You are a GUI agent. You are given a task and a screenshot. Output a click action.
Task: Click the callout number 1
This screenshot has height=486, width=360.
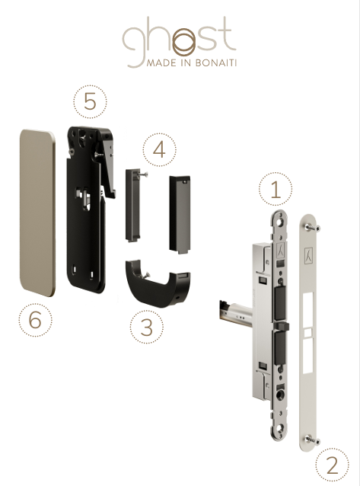pyautogui.click(x=276, y=190)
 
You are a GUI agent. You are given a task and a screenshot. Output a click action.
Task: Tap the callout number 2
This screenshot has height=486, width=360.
pyautogui.click(x=332, y=465)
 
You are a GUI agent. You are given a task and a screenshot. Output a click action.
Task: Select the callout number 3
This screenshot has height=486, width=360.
pyautogui.click(x=147, y=328)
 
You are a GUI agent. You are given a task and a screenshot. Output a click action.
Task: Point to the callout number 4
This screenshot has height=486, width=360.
pyautogui.click(x=159, y=150)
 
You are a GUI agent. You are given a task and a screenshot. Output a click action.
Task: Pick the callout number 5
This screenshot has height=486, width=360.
pyautogui.click(x=90, y=101)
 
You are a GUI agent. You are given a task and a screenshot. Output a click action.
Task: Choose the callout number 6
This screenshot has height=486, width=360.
pyautogui.click(x=35, y=320)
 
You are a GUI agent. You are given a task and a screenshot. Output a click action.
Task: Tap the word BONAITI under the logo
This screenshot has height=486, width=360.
pyautogui.click(x=216, y=62)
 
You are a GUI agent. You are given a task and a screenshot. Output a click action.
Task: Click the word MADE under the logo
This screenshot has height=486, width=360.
pyautogui.click(x=160, y=62)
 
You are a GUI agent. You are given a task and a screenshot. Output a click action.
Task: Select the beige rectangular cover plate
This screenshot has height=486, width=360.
pyautogui.click(x=37, y=213)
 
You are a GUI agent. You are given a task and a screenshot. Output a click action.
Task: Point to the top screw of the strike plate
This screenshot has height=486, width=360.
pyautogui.click(x=312, y=228)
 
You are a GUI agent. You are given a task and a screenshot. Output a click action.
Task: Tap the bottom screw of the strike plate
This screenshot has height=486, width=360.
pyautogui.click(x=312, y=440)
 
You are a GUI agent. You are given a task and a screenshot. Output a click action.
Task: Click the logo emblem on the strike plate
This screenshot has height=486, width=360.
pyautogui.click(x=308, y=255)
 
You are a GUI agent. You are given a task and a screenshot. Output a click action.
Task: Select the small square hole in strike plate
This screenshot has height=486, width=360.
pyautogui.click(x=307, y=333)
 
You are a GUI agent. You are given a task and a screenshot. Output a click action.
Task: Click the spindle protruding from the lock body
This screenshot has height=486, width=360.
pyautogui.click(x=236, y=312)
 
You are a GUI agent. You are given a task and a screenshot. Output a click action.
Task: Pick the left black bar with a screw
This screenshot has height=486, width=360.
pyautogui.click(x=133, y=205)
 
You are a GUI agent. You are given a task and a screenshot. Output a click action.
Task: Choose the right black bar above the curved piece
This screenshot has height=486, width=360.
pyautogui.click(x=180, y=215)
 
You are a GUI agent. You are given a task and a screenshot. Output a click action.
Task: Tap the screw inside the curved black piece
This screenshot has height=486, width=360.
pyautogui.click(x=145, y=275)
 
